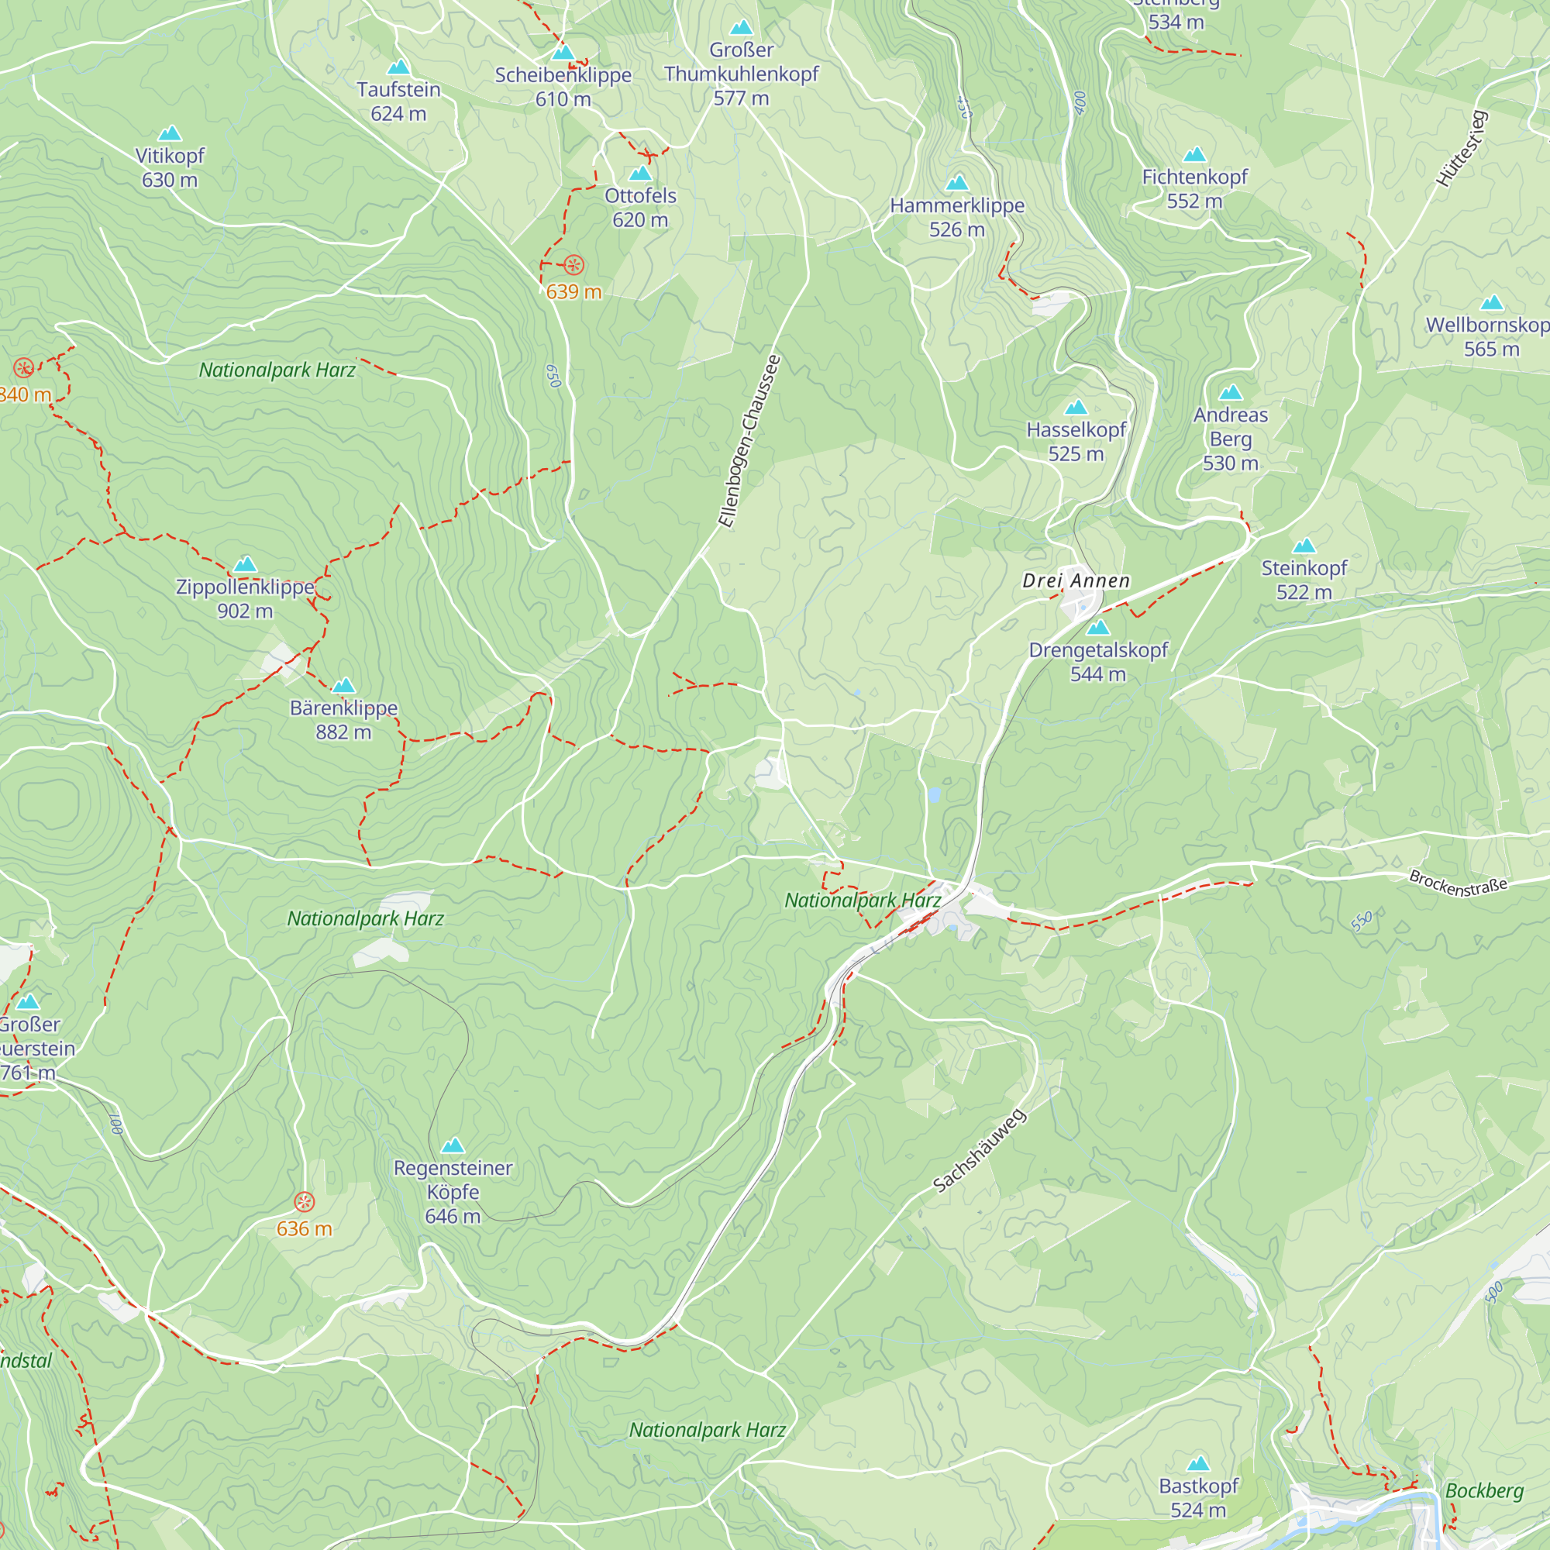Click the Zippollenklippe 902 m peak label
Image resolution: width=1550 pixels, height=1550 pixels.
click(245, 598)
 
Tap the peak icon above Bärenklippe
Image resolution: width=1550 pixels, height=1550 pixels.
click(343, 685)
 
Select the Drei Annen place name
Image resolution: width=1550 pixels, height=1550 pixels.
click(1076, 580)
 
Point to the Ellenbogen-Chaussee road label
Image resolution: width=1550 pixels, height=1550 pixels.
click(749, 441)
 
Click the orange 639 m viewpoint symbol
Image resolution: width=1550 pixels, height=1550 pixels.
click(573, 265)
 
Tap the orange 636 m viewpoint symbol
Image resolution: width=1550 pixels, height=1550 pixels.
click(304, 1201)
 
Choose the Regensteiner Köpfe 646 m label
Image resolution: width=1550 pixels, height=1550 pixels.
click(453, 1191)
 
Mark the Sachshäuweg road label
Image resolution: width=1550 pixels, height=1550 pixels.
click(979, 1150)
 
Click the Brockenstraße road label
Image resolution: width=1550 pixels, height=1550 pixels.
click(1458, 883)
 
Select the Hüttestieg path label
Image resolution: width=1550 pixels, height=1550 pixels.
click(1462, 150)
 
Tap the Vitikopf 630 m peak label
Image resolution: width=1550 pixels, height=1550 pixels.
click(169, 167)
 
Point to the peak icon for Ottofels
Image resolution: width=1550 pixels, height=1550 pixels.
click(639, 174)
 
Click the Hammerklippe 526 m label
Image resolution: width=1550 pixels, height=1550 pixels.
click(956, 217)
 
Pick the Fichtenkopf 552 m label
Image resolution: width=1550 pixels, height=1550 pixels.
click(1193, 188)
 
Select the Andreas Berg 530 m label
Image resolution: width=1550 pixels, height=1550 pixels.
click(1230, 438)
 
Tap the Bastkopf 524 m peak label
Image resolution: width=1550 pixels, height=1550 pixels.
click(1198, 1497)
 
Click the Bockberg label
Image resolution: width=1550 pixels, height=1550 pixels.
click(1483, 1490)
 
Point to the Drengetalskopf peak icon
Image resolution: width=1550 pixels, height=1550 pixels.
click(1097, 628)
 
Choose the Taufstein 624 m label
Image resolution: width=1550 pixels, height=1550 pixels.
click(398, 101)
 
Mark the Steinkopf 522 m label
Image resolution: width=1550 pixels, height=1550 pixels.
click(1304, 579)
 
